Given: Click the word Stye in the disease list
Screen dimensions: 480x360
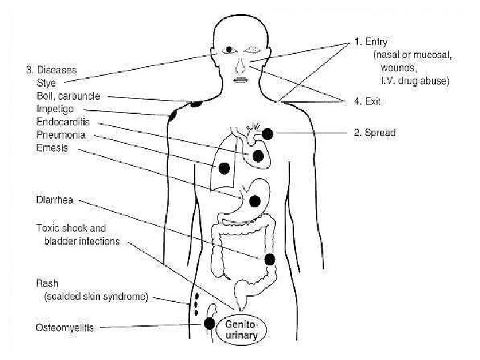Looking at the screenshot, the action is click(46, 83).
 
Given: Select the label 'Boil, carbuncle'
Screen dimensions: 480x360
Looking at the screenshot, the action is click(68, 96).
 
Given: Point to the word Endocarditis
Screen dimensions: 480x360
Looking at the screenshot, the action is click(63, 122).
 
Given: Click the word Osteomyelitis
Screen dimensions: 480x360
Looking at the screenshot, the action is click(65, 327).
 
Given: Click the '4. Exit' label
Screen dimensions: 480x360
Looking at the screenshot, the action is click(367, 101).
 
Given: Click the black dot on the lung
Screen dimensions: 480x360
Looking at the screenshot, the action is click(225, 167).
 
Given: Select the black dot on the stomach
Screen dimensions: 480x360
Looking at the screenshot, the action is click(255, 201).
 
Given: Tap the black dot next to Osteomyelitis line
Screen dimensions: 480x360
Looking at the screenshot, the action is click(209, 324).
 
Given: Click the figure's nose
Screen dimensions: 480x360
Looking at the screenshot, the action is click(241, 65).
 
